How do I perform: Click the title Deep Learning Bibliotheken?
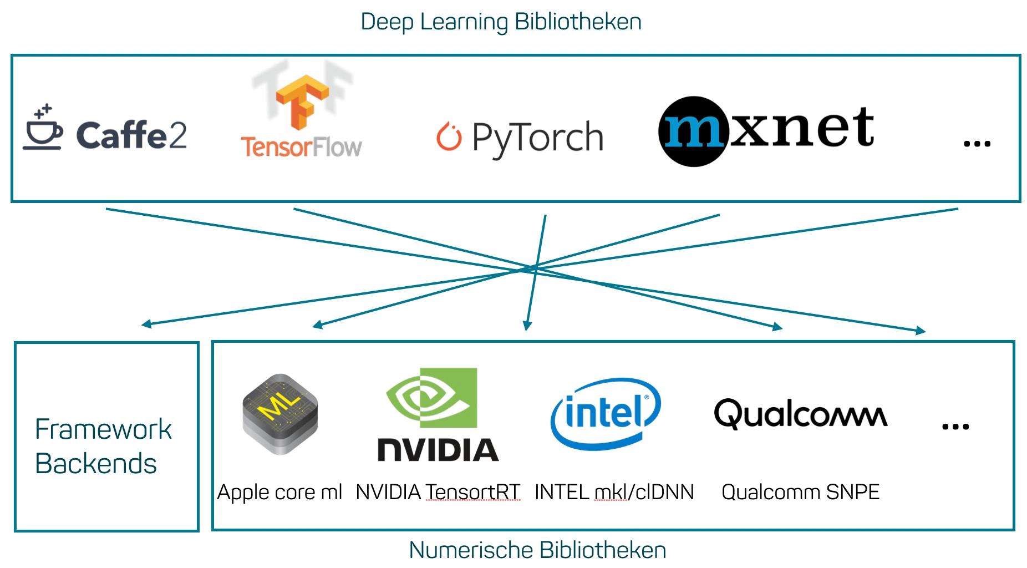501,22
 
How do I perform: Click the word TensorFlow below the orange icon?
301,148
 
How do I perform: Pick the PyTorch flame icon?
449,137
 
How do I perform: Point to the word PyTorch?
537,138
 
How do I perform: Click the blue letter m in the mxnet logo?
693,131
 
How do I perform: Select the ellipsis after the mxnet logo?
977,144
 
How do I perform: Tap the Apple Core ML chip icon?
280,414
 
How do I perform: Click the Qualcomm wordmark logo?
800,414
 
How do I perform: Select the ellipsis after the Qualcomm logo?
955,427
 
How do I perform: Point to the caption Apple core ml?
279,493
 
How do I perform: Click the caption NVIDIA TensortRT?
438,493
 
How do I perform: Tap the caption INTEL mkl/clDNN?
614,493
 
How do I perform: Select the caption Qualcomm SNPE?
800,493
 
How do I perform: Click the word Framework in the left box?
103,429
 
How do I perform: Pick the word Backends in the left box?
96,464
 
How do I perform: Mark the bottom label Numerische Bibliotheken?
537,550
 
